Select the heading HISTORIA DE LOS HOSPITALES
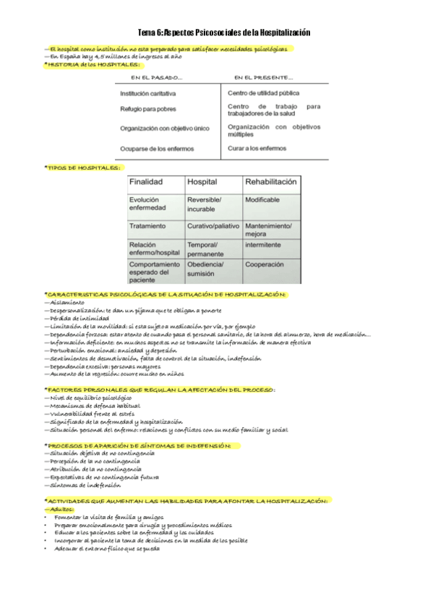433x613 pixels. click(92, 64)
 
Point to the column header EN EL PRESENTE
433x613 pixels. click(263, 77)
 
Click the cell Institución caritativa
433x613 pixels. click(148, 93)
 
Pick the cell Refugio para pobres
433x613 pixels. click(147, 108)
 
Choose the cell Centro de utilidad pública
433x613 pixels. click(263, 93)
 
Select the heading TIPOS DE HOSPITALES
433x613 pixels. click(84, 167)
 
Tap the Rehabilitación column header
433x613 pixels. click(271, 182)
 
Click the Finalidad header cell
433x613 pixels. click(146, 182)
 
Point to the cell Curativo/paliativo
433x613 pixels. click(213, 226)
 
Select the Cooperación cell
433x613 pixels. click(265, 265)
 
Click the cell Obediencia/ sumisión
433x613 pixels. click(206, 269)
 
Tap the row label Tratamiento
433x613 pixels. click(147, 226)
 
